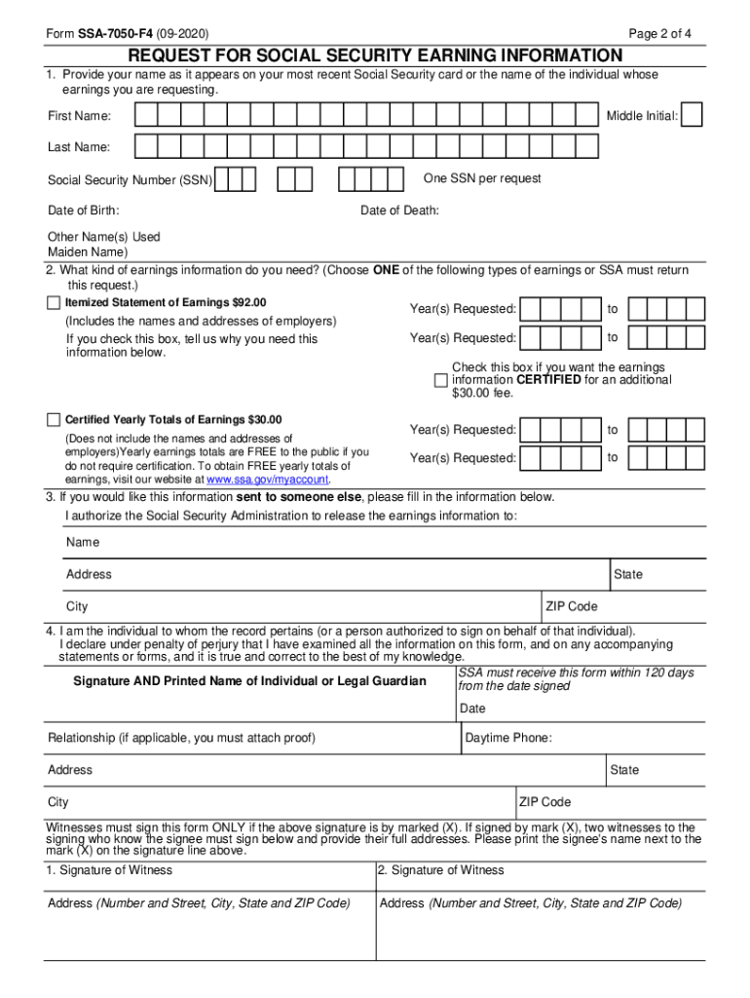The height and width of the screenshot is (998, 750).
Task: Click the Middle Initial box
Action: pyautogui.click(x=692, y=116)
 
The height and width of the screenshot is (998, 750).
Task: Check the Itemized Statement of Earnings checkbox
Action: pyautogui.click(x=54, y=303)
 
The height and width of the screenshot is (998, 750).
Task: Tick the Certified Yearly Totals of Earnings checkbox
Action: pyautogui.click(x=54, y=420)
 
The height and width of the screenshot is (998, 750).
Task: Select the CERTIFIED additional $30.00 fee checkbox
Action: pyautogui.click(x=440, y=380)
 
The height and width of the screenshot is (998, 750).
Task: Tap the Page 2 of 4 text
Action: pyautogui.click(x=660, y=34)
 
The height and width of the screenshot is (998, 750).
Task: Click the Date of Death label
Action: pyautogui.click(x=399, y=211)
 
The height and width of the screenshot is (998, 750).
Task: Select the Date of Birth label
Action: pyautogui.click(x=84, y=211)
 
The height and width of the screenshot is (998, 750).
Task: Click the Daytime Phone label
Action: pyautogui.click(x=507, y=738)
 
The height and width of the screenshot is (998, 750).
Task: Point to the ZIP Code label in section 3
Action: pyautogui.click(x=573, y=606)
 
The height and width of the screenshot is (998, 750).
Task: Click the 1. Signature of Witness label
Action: pyautogui.click(x=108, y=870)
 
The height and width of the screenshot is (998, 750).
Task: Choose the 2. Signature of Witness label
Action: pyautogui.click(x=440, y=870)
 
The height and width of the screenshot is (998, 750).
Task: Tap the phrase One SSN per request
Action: pyautogui.click(x=482, y=178)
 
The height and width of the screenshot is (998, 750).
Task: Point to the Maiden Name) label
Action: pyautogui.click(x=88, y=252)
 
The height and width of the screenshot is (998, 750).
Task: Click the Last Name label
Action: pyautogui.click(x=79, y=147)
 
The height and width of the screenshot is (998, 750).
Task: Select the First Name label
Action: pyautogui.click(x=79, y=117)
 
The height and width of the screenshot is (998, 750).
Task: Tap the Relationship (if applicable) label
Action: pyautogui.click(x=181, y=738)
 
